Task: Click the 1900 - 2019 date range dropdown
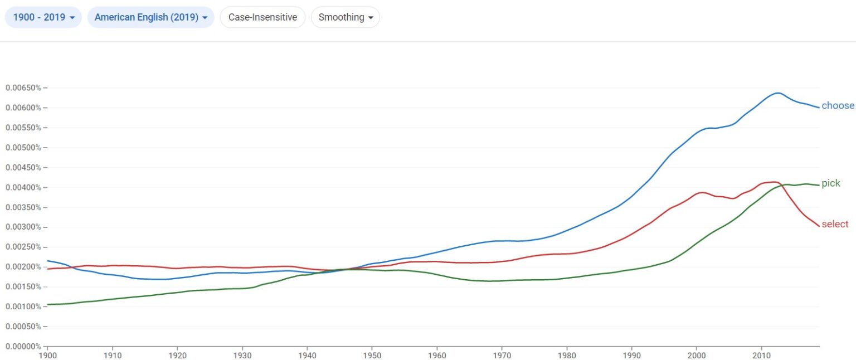[43, 17]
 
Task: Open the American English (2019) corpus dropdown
[150, 17]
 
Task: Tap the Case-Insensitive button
[262, 17]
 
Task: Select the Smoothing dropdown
[345, 17]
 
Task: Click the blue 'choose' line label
[838, 106]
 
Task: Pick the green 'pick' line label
[830, 183]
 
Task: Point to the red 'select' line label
[835, 224]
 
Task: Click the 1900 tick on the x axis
[47, 354]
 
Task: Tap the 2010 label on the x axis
[761, 354]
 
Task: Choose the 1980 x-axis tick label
[567, 354]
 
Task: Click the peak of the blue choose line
[777, 93]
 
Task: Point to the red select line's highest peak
[774, 182]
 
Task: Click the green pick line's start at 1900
[48, 304]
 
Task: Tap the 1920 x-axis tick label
[177, 354]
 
